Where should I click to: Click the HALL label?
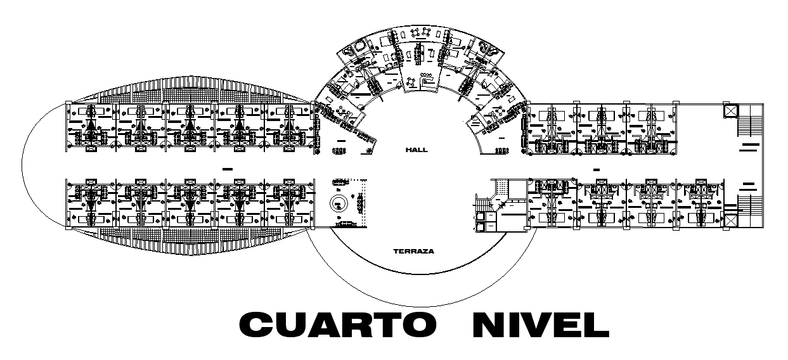pos(417,150)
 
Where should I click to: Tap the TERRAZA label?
pos(413,251)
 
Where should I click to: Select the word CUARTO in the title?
pos(337,325)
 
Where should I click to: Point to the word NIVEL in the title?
pos(540,325)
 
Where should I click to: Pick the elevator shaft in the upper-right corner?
pos(730,111)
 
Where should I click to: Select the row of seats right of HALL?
pos(501,150)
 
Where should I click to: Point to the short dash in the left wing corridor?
pos(228,168)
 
